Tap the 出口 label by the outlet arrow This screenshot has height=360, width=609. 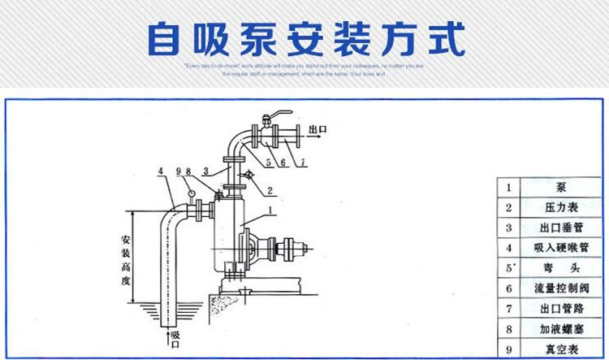click(317, 128)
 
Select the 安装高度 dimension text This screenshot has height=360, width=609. click(125, 259)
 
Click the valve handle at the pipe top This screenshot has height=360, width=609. click(277, 115)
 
